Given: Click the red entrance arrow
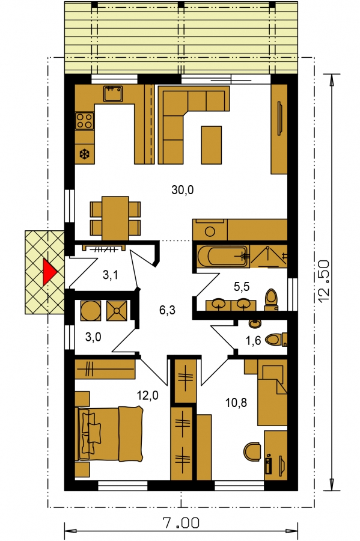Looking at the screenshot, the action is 49,272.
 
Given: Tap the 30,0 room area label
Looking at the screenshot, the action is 183,189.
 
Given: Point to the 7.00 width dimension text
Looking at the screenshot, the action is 181,524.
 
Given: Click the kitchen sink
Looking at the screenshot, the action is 113,94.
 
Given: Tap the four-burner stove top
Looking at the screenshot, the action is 85,121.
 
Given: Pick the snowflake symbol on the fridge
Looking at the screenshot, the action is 84,154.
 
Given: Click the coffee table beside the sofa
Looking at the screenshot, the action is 211,144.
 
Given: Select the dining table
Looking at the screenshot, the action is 115,218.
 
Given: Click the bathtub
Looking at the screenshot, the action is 223,256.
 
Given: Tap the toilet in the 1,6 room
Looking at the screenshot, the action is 276,339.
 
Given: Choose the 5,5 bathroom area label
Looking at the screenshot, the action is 241,286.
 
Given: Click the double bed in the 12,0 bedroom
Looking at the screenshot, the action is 109,433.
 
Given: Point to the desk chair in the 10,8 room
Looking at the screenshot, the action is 252,451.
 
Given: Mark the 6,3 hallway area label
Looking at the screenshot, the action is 167,310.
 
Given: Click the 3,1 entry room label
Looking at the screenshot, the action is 111,275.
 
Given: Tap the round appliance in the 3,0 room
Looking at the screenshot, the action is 90,310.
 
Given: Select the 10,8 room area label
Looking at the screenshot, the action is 236,402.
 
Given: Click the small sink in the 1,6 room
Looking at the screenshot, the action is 255,323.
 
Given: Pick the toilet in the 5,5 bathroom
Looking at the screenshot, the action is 272,299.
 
